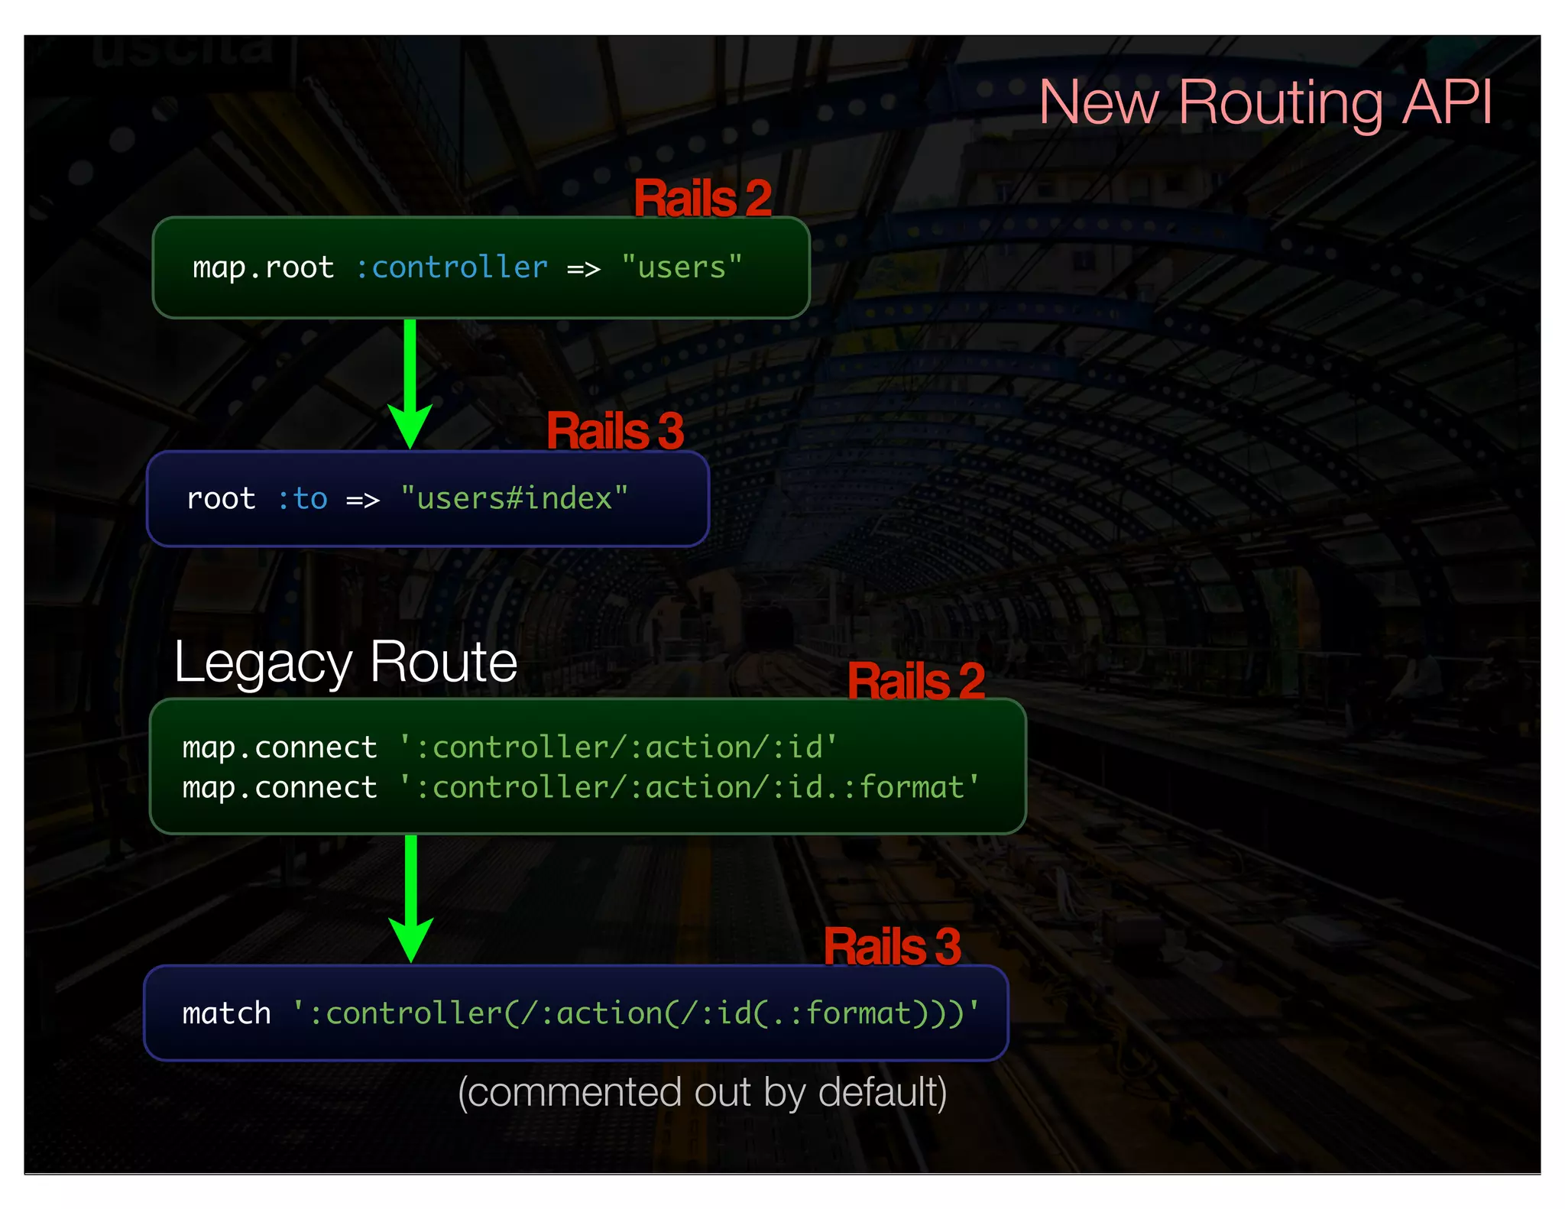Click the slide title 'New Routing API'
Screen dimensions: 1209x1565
click(x=1265, y=103)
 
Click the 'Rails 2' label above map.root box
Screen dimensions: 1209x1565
click(x=702, y=199)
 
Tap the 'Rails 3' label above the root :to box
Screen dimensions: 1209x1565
click(x=615, y=431)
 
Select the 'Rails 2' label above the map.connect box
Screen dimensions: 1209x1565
click(x=916, y=681)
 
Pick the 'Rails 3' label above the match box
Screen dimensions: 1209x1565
click(x=892, y=947)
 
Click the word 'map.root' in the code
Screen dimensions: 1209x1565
click(x=263, y=267)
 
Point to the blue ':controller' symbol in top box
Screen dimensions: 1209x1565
click(x=452, y=267)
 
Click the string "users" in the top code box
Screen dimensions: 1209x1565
click(x=682, y=267)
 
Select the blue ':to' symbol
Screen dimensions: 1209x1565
click(x=302, y=499)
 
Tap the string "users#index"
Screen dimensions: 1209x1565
click(x=514, y=499)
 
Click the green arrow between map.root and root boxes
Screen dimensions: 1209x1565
click(x=410, y=382)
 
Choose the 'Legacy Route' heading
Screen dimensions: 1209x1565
click(x=345, y=663)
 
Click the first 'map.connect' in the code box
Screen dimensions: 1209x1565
click(x=280, y=747)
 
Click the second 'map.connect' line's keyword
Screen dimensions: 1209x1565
click(x=280, y=788)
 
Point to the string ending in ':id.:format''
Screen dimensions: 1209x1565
click(x=689, y=788)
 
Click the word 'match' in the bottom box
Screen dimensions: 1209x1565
click(x=226, y=1013)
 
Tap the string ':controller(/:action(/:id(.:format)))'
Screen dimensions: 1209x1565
click(x=636, y=1013)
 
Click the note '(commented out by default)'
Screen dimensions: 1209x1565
click(x=702, y=1092)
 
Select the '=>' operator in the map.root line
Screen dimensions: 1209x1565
click(x=583, y=269)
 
